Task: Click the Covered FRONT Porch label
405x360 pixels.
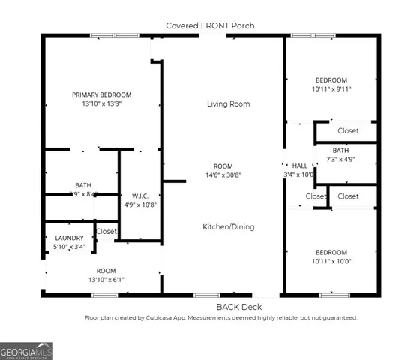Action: coord(210,25)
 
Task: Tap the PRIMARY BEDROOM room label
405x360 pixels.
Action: coord(101,94)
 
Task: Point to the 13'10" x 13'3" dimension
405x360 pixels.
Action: coord(101,104)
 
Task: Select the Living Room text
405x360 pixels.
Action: coord(228,104)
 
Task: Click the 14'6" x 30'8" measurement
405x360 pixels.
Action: coord(223,175)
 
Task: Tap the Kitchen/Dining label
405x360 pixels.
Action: coord(228,226)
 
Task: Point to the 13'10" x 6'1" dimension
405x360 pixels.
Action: coord(106,279)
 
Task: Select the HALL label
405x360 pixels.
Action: coord(300,166)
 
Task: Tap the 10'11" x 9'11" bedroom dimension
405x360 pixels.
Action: coord(331,89)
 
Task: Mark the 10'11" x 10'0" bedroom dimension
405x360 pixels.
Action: coord(331,261)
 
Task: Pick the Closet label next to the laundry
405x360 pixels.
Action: coord(106,232)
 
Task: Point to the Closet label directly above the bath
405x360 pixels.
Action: coord(348,131)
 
